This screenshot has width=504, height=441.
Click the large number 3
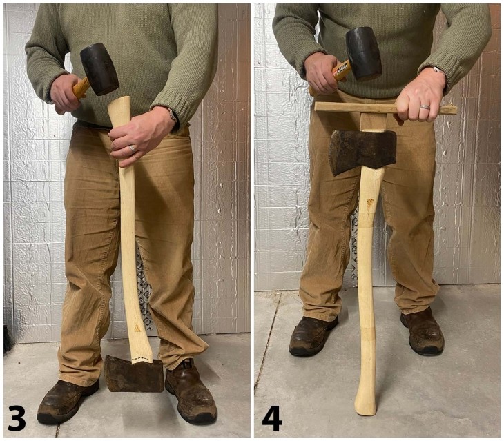click(x=16, y=418)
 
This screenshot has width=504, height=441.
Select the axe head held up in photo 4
click(x=361, y=150)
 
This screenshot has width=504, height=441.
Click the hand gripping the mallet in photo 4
click(x=322, y=72)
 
